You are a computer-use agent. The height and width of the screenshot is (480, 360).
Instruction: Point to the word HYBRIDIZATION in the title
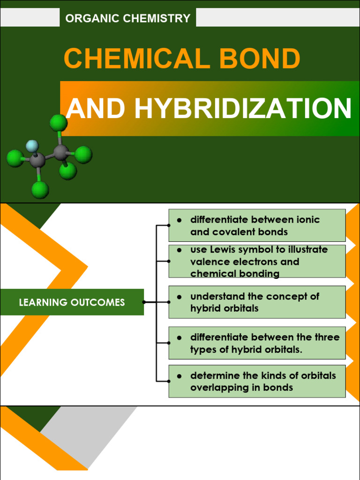(x=243, y=109)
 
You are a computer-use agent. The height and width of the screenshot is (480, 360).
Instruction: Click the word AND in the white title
(x=96, y=109)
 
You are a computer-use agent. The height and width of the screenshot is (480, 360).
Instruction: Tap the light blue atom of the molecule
(x=32, y=146)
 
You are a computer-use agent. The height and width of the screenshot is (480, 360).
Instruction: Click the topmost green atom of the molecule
(x=59, y=123)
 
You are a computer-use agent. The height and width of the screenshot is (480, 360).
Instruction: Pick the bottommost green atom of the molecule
(x=40, y=189)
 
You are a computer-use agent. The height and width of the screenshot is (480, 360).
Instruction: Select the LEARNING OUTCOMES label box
(x=72, y=302)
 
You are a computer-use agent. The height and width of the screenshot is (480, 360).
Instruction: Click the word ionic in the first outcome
(x=308, y=220)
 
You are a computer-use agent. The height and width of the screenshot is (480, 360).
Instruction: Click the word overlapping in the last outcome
(x=217, y=388)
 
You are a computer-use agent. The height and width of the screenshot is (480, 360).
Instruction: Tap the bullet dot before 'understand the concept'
(x=179, y=297)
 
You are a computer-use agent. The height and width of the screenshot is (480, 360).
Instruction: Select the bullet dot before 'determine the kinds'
(x=179, y=376)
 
